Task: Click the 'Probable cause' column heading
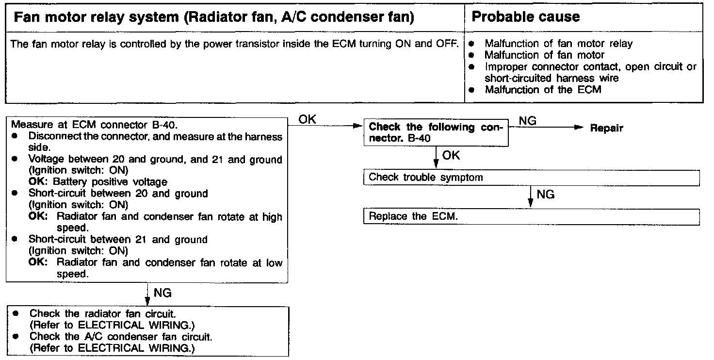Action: click(525, 17)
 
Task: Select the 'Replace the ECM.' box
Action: click(531, 216)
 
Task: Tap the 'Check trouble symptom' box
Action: click(531, 178)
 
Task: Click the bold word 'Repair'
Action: click(606, 129)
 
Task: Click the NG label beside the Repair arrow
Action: click(528, 120)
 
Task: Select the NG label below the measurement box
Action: click(162, 293)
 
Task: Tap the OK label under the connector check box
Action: click(451, 156)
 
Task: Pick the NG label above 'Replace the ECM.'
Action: click(546, 195)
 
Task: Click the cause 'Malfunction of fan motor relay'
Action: click(558, 44)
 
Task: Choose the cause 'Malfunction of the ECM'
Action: click(543, 90)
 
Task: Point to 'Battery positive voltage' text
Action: click(110, 182)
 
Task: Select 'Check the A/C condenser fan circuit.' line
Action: click(121, 336)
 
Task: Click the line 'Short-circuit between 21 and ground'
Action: click(118, 240)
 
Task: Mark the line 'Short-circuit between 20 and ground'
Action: click(118, 194)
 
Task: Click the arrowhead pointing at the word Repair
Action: click(577, 128)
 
